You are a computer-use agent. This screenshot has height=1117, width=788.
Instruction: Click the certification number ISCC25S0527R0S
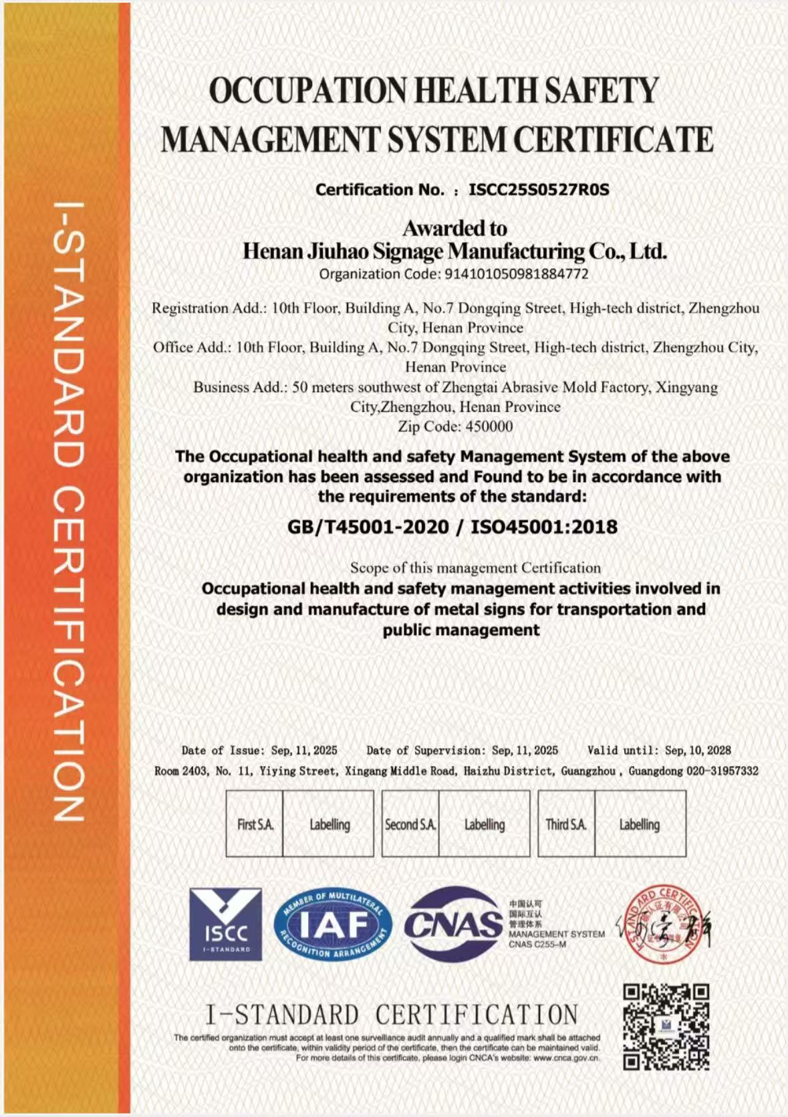click(x=539, y=190)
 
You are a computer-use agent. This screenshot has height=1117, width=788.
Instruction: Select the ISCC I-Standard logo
click(x=225, y=924)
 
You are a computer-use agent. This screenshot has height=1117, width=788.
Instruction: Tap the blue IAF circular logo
click(x=332, y=925)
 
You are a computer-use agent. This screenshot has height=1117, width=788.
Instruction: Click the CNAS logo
click(x=454, y=924)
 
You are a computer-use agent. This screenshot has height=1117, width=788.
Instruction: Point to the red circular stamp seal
click(x=661, y=926)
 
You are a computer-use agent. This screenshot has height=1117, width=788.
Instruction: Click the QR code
click(x=666, y=1027)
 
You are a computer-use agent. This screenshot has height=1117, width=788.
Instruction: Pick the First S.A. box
click(x=255, y=824)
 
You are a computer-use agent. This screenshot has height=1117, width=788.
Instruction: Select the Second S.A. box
click(x=410, y=824)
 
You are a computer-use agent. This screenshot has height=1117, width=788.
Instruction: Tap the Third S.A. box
click(x=566, y=824)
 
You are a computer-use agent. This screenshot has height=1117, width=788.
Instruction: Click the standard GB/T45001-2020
click(x=368, y=527)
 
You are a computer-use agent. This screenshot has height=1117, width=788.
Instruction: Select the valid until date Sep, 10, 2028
click(x=698, y=751)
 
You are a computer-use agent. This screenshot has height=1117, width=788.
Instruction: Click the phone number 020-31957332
click(x=723, y=771)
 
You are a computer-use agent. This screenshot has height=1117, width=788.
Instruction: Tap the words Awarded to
click(x=454, y=229)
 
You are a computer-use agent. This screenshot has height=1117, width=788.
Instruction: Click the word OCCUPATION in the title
click(x=307, y=90)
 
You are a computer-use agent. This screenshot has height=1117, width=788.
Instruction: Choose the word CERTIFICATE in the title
click(x=613, y=140)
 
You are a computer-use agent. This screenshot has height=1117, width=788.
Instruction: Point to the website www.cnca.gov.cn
click(x=566, y=1059)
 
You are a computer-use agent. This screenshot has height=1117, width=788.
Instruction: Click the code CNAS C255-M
click(x=537, y=945)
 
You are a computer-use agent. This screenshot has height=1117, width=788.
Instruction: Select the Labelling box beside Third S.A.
click(x=640, y=824)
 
